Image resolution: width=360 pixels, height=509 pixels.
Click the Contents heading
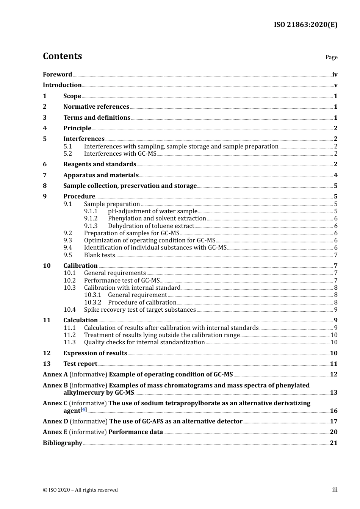coord(62,56)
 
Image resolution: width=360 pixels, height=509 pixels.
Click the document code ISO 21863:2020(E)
coord(305,25)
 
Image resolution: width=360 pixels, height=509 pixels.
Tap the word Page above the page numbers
coord(331,57)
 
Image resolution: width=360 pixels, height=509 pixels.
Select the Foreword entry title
coord(57,75)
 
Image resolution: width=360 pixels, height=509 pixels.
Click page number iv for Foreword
coord(335,75)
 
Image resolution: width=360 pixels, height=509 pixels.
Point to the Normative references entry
coord(96,107)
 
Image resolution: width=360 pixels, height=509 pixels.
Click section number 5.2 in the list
coord(68,154)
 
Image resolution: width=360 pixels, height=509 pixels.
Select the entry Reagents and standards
coord(100,164)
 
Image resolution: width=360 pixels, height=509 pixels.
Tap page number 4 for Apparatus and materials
coord(335,175)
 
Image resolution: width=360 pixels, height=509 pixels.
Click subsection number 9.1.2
coord(91,219)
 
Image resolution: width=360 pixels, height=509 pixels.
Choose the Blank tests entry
coord(100,255)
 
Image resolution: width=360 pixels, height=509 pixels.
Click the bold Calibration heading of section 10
coord(80,266)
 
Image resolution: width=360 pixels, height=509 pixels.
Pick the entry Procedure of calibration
coord(142,303)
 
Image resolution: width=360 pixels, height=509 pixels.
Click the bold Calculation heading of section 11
coord(80,320)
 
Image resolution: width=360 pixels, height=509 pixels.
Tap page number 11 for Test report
coord(333,364)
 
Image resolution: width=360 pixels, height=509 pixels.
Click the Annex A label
coord(55,375)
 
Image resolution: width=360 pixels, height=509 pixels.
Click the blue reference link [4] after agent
coord(84,410)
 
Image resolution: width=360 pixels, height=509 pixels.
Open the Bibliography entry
coord(63,443)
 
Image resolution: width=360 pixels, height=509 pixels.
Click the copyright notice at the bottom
coord(80,490)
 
